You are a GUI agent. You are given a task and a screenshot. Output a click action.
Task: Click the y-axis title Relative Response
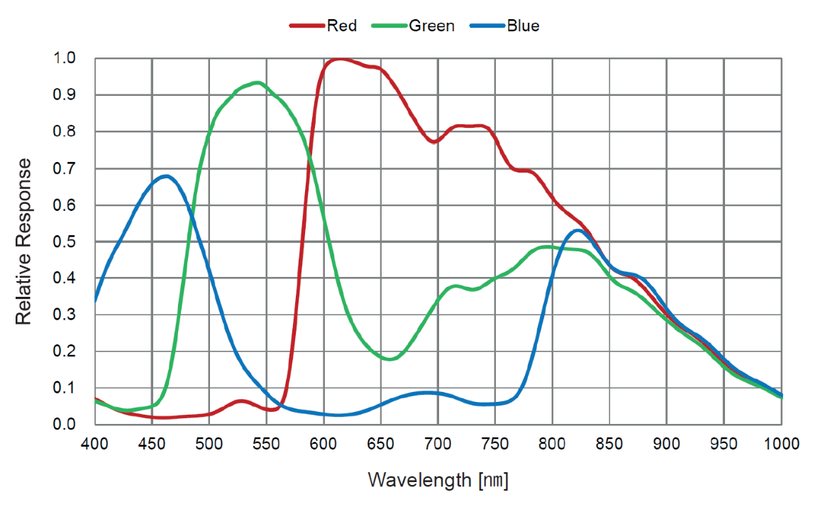click(x=24, y=241)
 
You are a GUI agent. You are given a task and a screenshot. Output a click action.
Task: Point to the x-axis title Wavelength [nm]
click(x=438, y=480)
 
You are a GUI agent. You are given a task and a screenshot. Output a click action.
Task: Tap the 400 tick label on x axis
click(x=94, y=444)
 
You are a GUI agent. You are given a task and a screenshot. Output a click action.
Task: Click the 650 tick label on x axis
click(x=381, y=444)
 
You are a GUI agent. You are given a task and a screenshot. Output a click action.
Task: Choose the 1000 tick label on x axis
click(x=781, y=444)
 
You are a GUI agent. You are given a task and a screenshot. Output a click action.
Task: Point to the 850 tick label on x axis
click(x=610, y=444)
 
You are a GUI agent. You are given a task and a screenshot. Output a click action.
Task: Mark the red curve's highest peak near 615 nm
click(x=340, y=59)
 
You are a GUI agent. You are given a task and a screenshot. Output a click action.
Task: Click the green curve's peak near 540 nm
click(x=257, y=82)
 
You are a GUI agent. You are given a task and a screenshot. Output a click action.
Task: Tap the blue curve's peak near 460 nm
click(x=166, y=176)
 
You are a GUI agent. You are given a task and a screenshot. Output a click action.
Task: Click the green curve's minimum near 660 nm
click(x=390, y=359)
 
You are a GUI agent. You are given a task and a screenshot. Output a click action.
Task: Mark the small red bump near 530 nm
click(x=240, y=401)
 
